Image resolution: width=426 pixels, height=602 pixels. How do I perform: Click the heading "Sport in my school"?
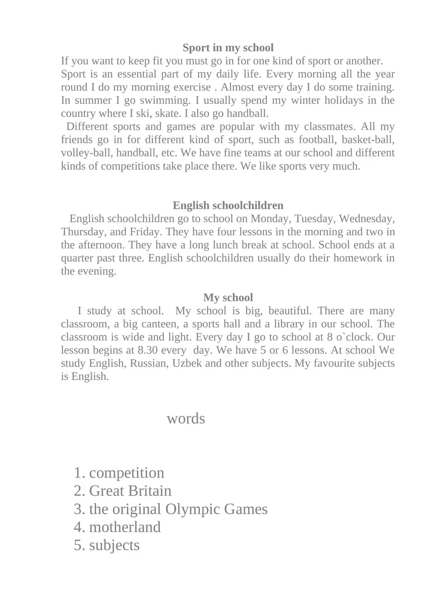228,48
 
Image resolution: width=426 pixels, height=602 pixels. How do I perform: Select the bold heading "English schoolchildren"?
228,205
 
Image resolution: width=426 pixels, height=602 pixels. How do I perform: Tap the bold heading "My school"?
228,298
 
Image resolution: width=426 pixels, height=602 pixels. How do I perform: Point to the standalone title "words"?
186,418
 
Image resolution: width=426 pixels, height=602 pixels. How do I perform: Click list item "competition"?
127,473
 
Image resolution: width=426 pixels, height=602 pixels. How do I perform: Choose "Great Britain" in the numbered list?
130,491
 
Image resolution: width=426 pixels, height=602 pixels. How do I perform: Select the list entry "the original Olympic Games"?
178,509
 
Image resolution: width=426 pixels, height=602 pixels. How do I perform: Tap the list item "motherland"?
125,527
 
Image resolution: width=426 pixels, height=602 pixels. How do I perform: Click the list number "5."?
80,545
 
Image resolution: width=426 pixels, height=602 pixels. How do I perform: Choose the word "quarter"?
78,258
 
